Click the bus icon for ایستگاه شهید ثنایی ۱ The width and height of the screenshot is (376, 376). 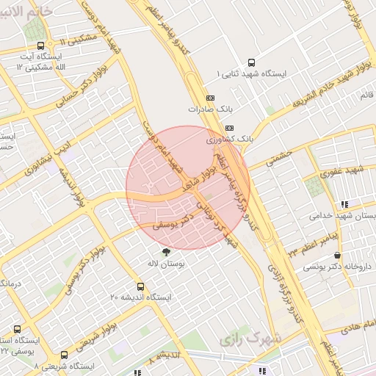(x=253, y=63)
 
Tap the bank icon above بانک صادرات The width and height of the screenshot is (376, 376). (x=211, y=97)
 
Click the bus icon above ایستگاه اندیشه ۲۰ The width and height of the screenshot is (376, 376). (x=140, y=286)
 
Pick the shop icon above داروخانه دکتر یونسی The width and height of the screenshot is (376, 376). (x=337, y=256)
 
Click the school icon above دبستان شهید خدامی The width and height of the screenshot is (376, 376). (x=344, y=205)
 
